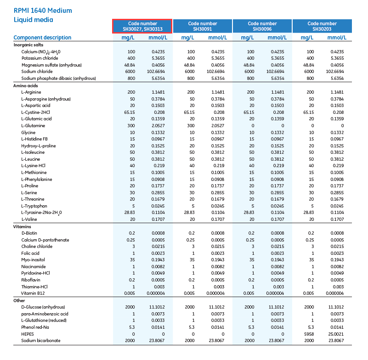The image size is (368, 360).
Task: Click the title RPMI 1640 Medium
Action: coord(43,11)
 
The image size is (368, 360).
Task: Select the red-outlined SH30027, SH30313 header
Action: coord(142,26)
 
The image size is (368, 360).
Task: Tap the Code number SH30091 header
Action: coord(203,26)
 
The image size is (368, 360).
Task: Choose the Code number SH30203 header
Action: coord(322,26)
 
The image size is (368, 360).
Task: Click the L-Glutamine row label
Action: coord(33,125)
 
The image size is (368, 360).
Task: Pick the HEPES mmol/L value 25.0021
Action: coord(334,334)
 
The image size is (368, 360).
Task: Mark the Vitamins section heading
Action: coord(24,226)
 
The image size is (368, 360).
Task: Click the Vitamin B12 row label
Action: coord(33,293)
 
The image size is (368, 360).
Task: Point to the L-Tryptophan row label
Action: coord(34,206)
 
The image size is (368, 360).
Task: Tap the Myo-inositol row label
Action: coord(34,259)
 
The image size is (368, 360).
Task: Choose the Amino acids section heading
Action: coord(27,85)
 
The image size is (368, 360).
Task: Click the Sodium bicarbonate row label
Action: coord(40,340)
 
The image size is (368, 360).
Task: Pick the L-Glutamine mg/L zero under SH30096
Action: coord(251,125)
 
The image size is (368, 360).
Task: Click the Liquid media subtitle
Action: coord(33,20)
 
